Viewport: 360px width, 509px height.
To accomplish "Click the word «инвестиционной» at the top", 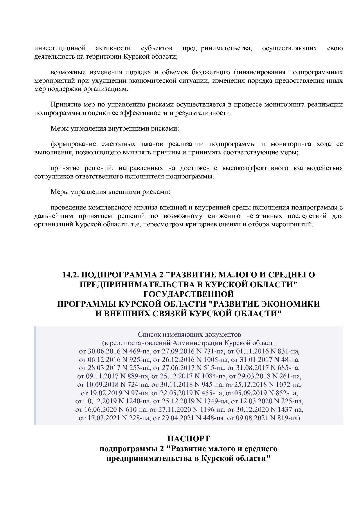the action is (x=60, y=48).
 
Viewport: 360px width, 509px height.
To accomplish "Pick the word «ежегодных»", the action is (x=118, y=144).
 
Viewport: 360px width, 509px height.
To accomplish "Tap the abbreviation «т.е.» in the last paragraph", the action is (x=137, y=224).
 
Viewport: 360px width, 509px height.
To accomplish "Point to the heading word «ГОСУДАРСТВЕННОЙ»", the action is (x=189, y=294).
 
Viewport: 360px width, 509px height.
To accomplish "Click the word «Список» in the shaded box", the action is (x=147, y=334).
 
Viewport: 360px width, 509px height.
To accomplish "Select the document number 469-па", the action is (x=140, y=351).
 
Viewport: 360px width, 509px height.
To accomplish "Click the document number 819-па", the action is (x=288, y=418).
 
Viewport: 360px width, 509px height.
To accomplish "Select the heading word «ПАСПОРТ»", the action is (x=188, y=438).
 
